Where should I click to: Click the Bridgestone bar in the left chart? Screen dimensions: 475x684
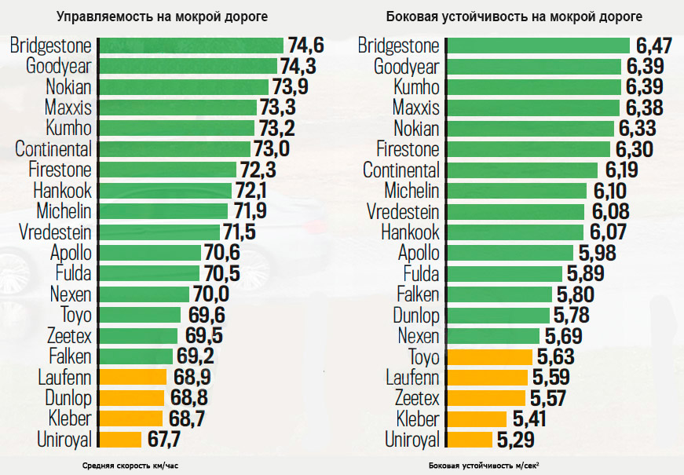(188, 46)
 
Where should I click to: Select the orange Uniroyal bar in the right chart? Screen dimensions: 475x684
(469, 439)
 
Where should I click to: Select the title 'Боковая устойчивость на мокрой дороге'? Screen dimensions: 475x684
(514, 16)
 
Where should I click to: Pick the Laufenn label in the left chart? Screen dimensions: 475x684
(64, 377)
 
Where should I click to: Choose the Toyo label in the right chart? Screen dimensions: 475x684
(423, 356)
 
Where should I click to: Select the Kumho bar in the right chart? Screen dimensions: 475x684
(533, 86)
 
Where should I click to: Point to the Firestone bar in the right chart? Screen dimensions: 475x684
(528, 149)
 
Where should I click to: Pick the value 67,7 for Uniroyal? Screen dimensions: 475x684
(163, 439)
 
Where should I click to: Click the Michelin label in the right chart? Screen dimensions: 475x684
(411, 191)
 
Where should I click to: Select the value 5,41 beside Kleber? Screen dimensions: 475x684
(529, 418)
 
